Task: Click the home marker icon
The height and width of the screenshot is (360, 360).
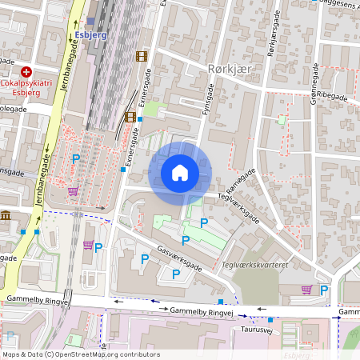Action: pos(180,172)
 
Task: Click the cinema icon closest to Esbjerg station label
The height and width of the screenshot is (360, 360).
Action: pos(142,56)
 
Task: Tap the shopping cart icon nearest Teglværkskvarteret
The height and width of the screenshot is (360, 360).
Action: pos(306,289)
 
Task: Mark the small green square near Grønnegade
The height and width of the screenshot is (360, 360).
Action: pos(281,120)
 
